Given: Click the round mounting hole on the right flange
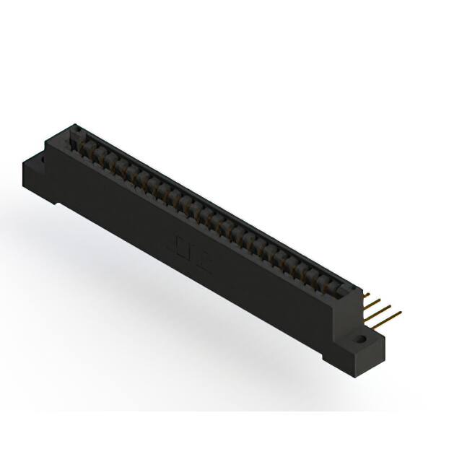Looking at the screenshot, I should pyautogui.click(x=358, y=337).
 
